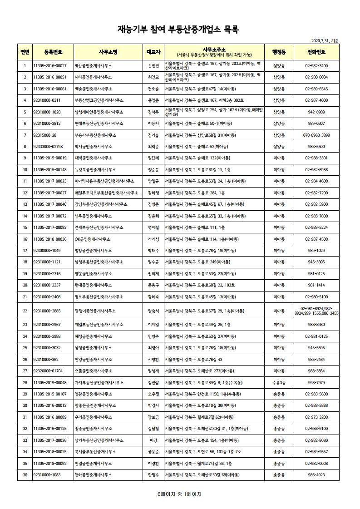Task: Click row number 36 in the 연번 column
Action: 25,475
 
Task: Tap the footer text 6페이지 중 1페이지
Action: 179,494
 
